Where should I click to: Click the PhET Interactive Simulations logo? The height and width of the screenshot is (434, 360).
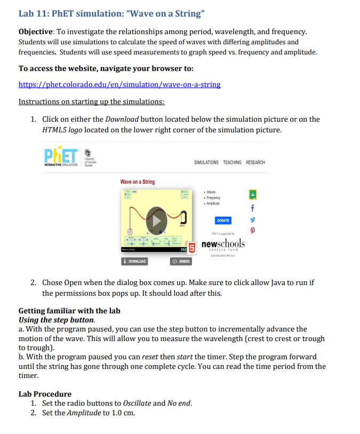(x=61, y=156)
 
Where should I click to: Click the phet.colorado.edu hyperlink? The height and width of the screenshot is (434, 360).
(x=119, y=84)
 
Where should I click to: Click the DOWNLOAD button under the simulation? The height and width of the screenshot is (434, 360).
(x=134, y=261)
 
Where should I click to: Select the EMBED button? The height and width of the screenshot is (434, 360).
(x=180, y=261)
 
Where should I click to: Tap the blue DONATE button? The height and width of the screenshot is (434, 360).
(x=223, y=220)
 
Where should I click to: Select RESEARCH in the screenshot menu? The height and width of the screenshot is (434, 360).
(x=255, y=162)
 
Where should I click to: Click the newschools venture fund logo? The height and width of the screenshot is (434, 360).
(x=223, y=244)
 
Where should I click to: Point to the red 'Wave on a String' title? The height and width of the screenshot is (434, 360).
(x=137, y=182)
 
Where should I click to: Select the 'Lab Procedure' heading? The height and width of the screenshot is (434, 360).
(x=45, y=394)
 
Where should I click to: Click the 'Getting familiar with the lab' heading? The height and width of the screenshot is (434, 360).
(x=69, y=311)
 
